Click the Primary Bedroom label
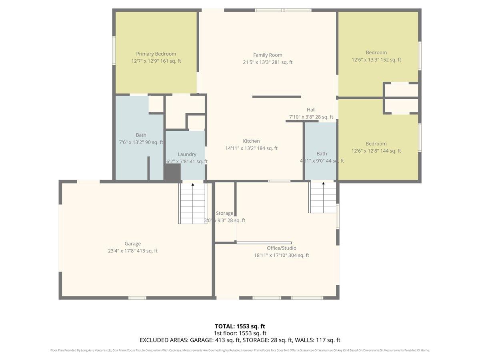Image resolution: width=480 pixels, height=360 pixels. click(x=156, y=54)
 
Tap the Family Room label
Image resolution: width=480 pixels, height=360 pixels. click(x=268, y=55)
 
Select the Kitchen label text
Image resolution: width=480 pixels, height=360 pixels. click(x=251, y=141)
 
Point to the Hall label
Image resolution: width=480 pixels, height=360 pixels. click(x=311, y=110)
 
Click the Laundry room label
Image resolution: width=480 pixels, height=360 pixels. click(x=187, y=154)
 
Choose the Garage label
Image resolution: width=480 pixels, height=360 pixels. click(x=132, y=244)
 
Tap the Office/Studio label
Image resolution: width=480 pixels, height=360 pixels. click(x=282, y=248)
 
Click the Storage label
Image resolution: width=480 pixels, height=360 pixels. click(x=224, y=214)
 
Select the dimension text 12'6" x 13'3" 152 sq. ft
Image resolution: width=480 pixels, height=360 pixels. click(x=376, y=60)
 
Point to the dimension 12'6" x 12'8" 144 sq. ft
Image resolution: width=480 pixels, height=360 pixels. click(x=376, y=151)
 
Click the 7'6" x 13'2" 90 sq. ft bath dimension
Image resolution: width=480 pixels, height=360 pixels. click(x=141, y=142)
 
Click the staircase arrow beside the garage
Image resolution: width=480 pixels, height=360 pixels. click(x=193, y=185)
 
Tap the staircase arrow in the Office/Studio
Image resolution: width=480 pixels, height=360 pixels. click(x=323, y=184)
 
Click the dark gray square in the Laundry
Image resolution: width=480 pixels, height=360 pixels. click(x=172, y=172)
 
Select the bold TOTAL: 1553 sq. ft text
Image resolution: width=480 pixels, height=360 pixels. click(x=240, y=326)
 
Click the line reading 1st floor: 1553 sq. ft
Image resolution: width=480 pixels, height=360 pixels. click(x=240, y=333)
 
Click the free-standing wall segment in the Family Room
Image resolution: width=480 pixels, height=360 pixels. click(x=276, y=97)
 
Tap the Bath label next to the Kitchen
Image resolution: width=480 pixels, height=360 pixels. click(x=322, y=154)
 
